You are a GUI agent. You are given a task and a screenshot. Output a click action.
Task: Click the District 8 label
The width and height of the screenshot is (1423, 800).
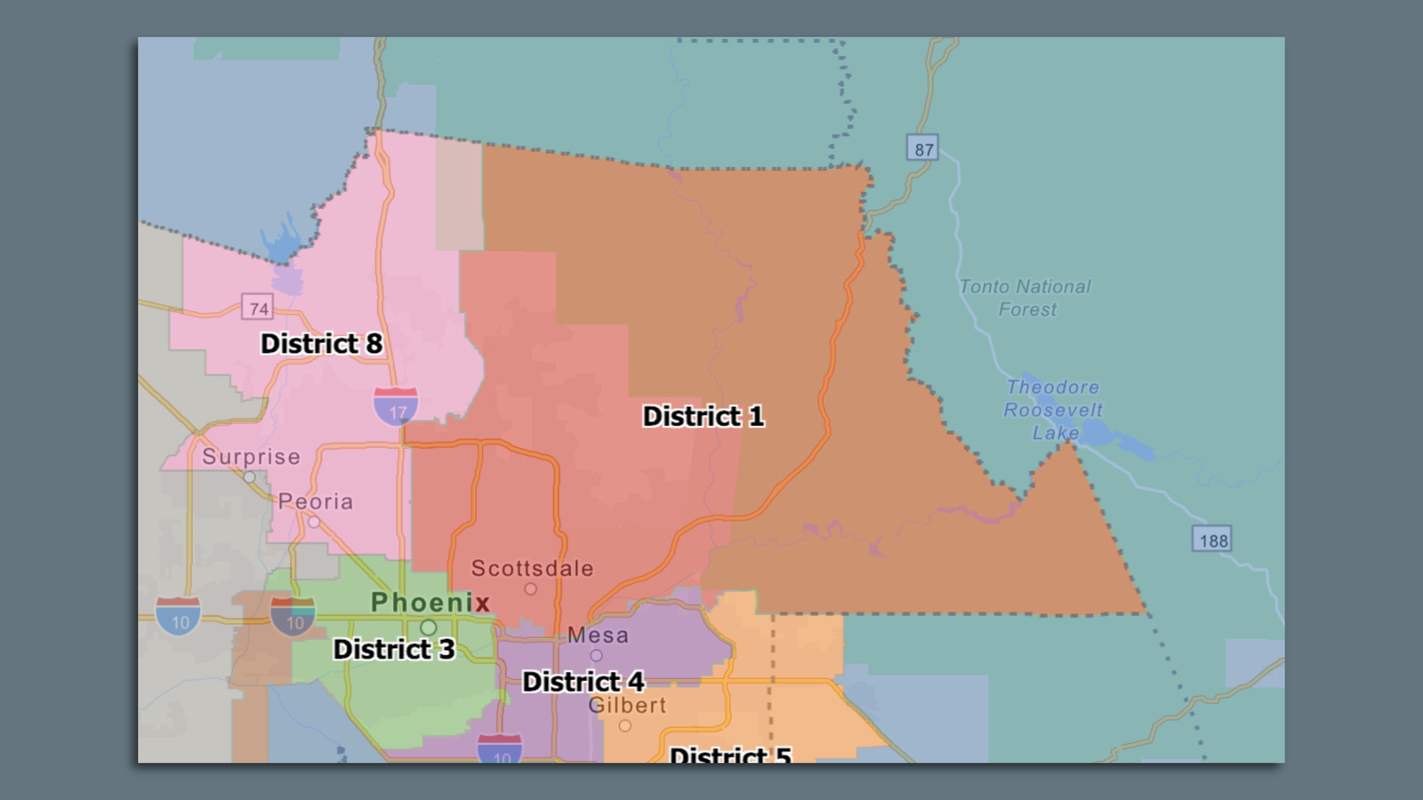(321, 343)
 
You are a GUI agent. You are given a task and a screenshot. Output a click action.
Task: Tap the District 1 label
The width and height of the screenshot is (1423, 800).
(703, 416)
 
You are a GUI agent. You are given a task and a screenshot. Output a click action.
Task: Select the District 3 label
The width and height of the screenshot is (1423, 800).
(393, 649)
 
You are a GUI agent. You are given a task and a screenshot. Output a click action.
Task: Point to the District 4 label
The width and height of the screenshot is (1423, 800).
(583, 682)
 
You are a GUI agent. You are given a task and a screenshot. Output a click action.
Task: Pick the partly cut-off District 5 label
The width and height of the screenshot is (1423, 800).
(729, 755)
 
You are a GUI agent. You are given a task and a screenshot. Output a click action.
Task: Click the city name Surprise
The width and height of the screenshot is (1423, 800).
(251, 457)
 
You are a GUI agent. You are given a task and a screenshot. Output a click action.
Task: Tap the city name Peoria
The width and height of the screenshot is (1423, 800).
(316, 501)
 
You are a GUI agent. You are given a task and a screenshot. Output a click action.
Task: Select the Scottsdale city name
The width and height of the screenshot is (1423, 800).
(532, 568)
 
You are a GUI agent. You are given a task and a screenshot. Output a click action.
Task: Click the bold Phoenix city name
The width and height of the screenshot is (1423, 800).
(430, 602)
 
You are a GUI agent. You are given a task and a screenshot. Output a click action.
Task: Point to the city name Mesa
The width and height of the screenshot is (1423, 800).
(598, 636)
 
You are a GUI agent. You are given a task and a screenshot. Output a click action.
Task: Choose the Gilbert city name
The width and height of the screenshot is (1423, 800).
(627, 705)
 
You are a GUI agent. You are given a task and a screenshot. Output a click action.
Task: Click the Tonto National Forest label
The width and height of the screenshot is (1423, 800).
(1025, 298)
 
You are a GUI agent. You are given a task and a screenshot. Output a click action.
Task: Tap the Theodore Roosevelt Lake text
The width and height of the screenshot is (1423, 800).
(1053, 410)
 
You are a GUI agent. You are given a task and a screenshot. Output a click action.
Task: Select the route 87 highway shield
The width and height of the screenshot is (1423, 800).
(924, 148)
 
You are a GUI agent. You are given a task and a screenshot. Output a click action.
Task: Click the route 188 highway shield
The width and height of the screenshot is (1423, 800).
(1213, 540)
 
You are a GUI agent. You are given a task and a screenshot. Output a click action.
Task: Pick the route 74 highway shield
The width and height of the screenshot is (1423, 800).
(258, 308)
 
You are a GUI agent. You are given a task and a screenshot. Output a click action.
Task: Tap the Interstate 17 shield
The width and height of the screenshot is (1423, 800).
(397, 407)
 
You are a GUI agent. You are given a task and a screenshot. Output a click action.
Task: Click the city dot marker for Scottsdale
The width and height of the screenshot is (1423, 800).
(530, 588)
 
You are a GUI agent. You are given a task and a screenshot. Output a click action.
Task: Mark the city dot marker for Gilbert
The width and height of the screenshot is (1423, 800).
(625, 726)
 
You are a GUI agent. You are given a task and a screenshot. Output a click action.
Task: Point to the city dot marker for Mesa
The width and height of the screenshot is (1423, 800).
(596, 656)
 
